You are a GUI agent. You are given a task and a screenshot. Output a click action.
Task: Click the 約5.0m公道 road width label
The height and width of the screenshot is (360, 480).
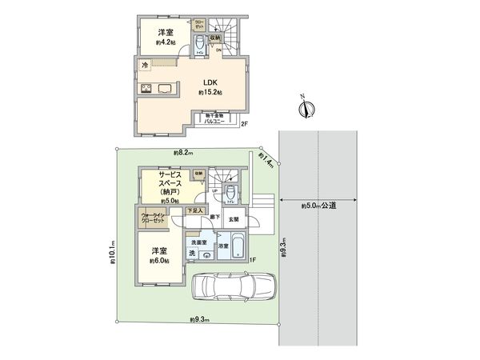point(319,207)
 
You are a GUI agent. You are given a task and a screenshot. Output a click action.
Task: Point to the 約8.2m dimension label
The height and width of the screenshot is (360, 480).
point(182,153)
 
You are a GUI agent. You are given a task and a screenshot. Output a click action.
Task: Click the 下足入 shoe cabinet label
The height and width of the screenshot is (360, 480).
point(194,210)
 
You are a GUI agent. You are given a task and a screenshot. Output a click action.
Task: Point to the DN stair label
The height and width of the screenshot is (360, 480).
point(219,50)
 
